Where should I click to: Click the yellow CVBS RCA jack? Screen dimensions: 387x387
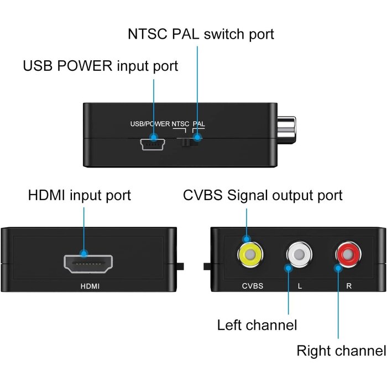click(250, 255)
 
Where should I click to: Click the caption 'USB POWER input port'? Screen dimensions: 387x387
click(100, 66)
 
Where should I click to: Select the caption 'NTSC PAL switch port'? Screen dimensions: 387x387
click(200, 34)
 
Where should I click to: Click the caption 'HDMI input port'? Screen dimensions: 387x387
click(79, 195)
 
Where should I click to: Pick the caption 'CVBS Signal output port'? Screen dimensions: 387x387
click(263, 195)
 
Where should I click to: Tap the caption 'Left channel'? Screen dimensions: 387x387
click(257, 325)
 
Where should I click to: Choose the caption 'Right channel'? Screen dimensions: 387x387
click(341, 351)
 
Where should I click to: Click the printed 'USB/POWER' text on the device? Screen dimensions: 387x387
click(146, 124)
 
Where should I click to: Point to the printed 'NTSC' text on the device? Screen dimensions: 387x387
click(181, 124)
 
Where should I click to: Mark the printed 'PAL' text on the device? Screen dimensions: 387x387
click(198, 124)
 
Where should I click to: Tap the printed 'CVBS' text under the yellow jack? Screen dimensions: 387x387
click(252, 286)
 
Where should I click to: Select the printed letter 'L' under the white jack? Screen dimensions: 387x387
click(299, 286)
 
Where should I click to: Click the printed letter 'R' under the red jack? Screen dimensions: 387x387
click(348, 286)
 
